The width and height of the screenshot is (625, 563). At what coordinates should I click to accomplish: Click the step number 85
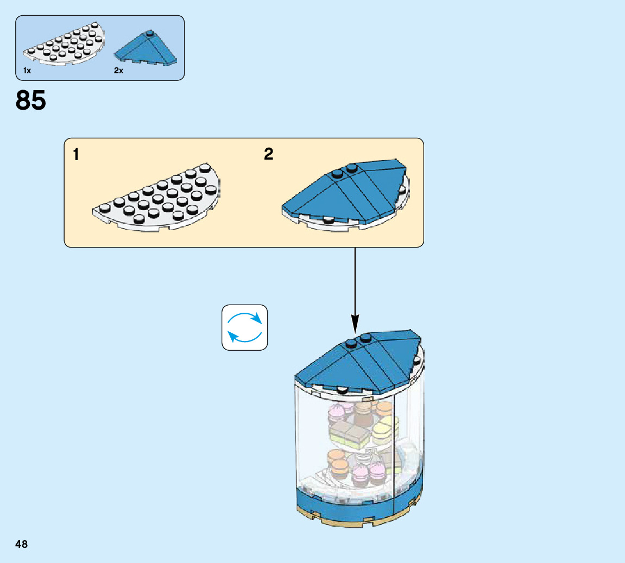pyautogui.click(x=31, y=101)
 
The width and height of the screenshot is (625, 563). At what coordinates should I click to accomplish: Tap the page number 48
pyautogui.click(x=22, y=544)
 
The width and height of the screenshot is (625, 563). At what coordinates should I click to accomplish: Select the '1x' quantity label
pyautogui.click(x=27, y=71)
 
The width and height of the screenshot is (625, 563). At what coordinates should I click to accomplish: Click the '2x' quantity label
pyautogui.click(x=119, y=71)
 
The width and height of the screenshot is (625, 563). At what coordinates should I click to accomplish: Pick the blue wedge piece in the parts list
pyautogui.click(x=146, y=50)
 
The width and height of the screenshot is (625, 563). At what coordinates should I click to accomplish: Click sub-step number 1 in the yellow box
pyautogui.click(x=76, y=155)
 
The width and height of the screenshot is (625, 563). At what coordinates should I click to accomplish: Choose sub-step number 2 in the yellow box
pyautogui.click(x=269, y=154)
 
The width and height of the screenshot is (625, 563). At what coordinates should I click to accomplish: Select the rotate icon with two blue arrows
pyautogui.click(x=245, y=327)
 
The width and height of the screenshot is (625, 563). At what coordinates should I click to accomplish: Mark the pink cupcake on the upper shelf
pyautogui.click(x=337, y=414)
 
